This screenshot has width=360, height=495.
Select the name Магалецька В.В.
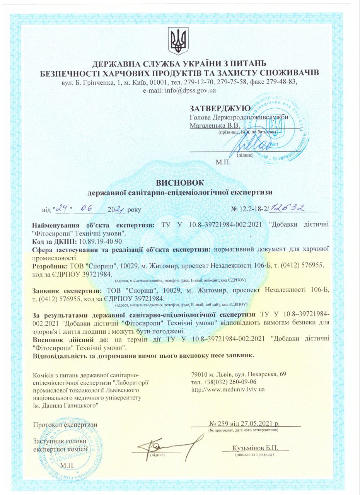click(x=215, y=125)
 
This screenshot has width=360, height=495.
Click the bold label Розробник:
click(x=50, y=266)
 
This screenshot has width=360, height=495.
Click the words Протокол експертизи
click(x=65, y=424)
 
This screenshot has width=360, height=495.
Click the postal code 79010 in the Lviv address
click(x=200, y=374)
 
